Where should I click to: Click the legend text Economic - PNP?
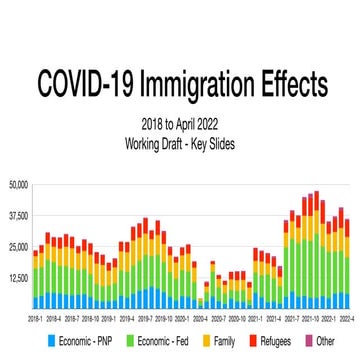[x=87, y=341]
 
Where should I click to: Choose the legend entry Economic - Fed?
[x=164, y=341]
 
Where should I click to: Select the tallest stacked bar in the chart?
[x=316, y=250]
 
